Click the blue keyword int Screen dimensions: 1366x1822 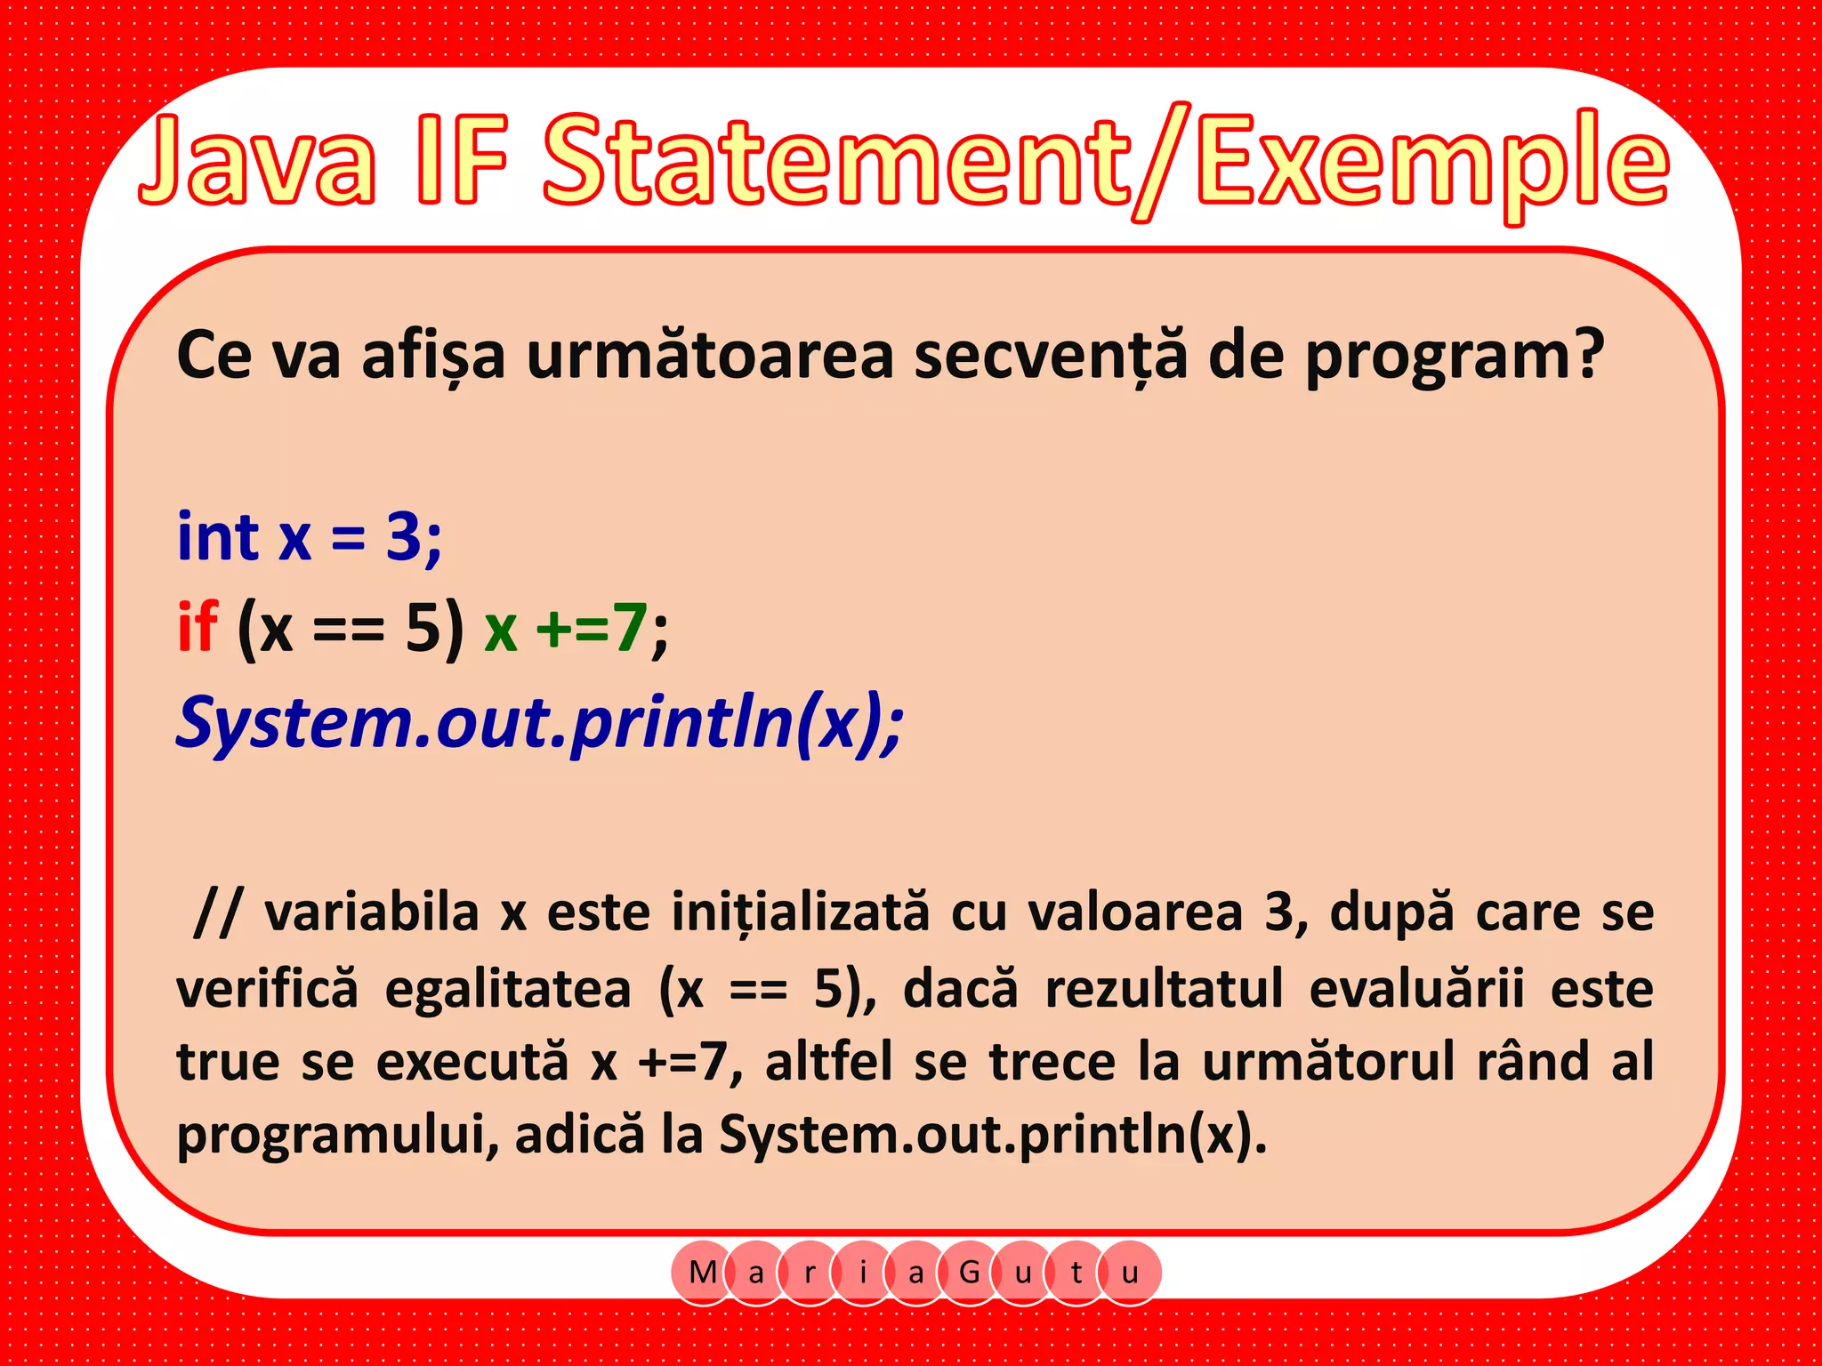218,537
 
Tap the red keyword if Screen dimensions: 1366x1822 198,626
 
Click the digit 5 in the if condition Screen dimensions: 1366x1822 423,628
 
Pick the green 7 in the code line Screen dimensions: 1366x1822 630,628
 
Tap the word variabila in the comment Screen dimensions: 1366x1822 372,912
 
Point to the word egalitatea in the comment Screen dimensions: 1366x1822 508,989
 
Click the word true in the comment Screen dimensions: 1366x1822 228,1062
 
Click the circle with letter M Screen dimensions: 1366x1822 703,1273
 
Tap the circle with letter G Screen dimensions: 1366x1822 970,1273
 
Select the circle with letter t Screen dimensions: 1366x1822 1076,1273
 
